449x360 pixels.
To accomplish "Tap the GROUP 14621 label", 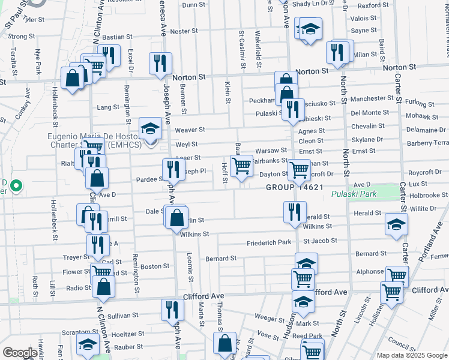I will pyautogui.click(x=295, y=187).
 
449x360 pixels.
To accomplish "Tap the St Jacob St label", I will pyautogui.click(x=320, y=241).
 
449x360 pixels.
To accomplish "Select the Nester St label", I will pyautogui.click(x=184, y=31).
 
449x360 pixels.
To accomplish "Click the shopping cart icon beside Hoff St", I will pyautogui.click(x=241, y=165).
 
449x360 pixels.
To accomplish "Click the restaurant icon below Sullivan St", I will pyautogui.click(x=172, y=310).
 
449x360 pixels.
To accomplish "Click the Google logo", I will pyautogui.click(x=20, y=353).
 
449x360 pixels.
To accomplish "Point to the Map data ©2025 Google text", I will pyautogui.click(x=412, y=355).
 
